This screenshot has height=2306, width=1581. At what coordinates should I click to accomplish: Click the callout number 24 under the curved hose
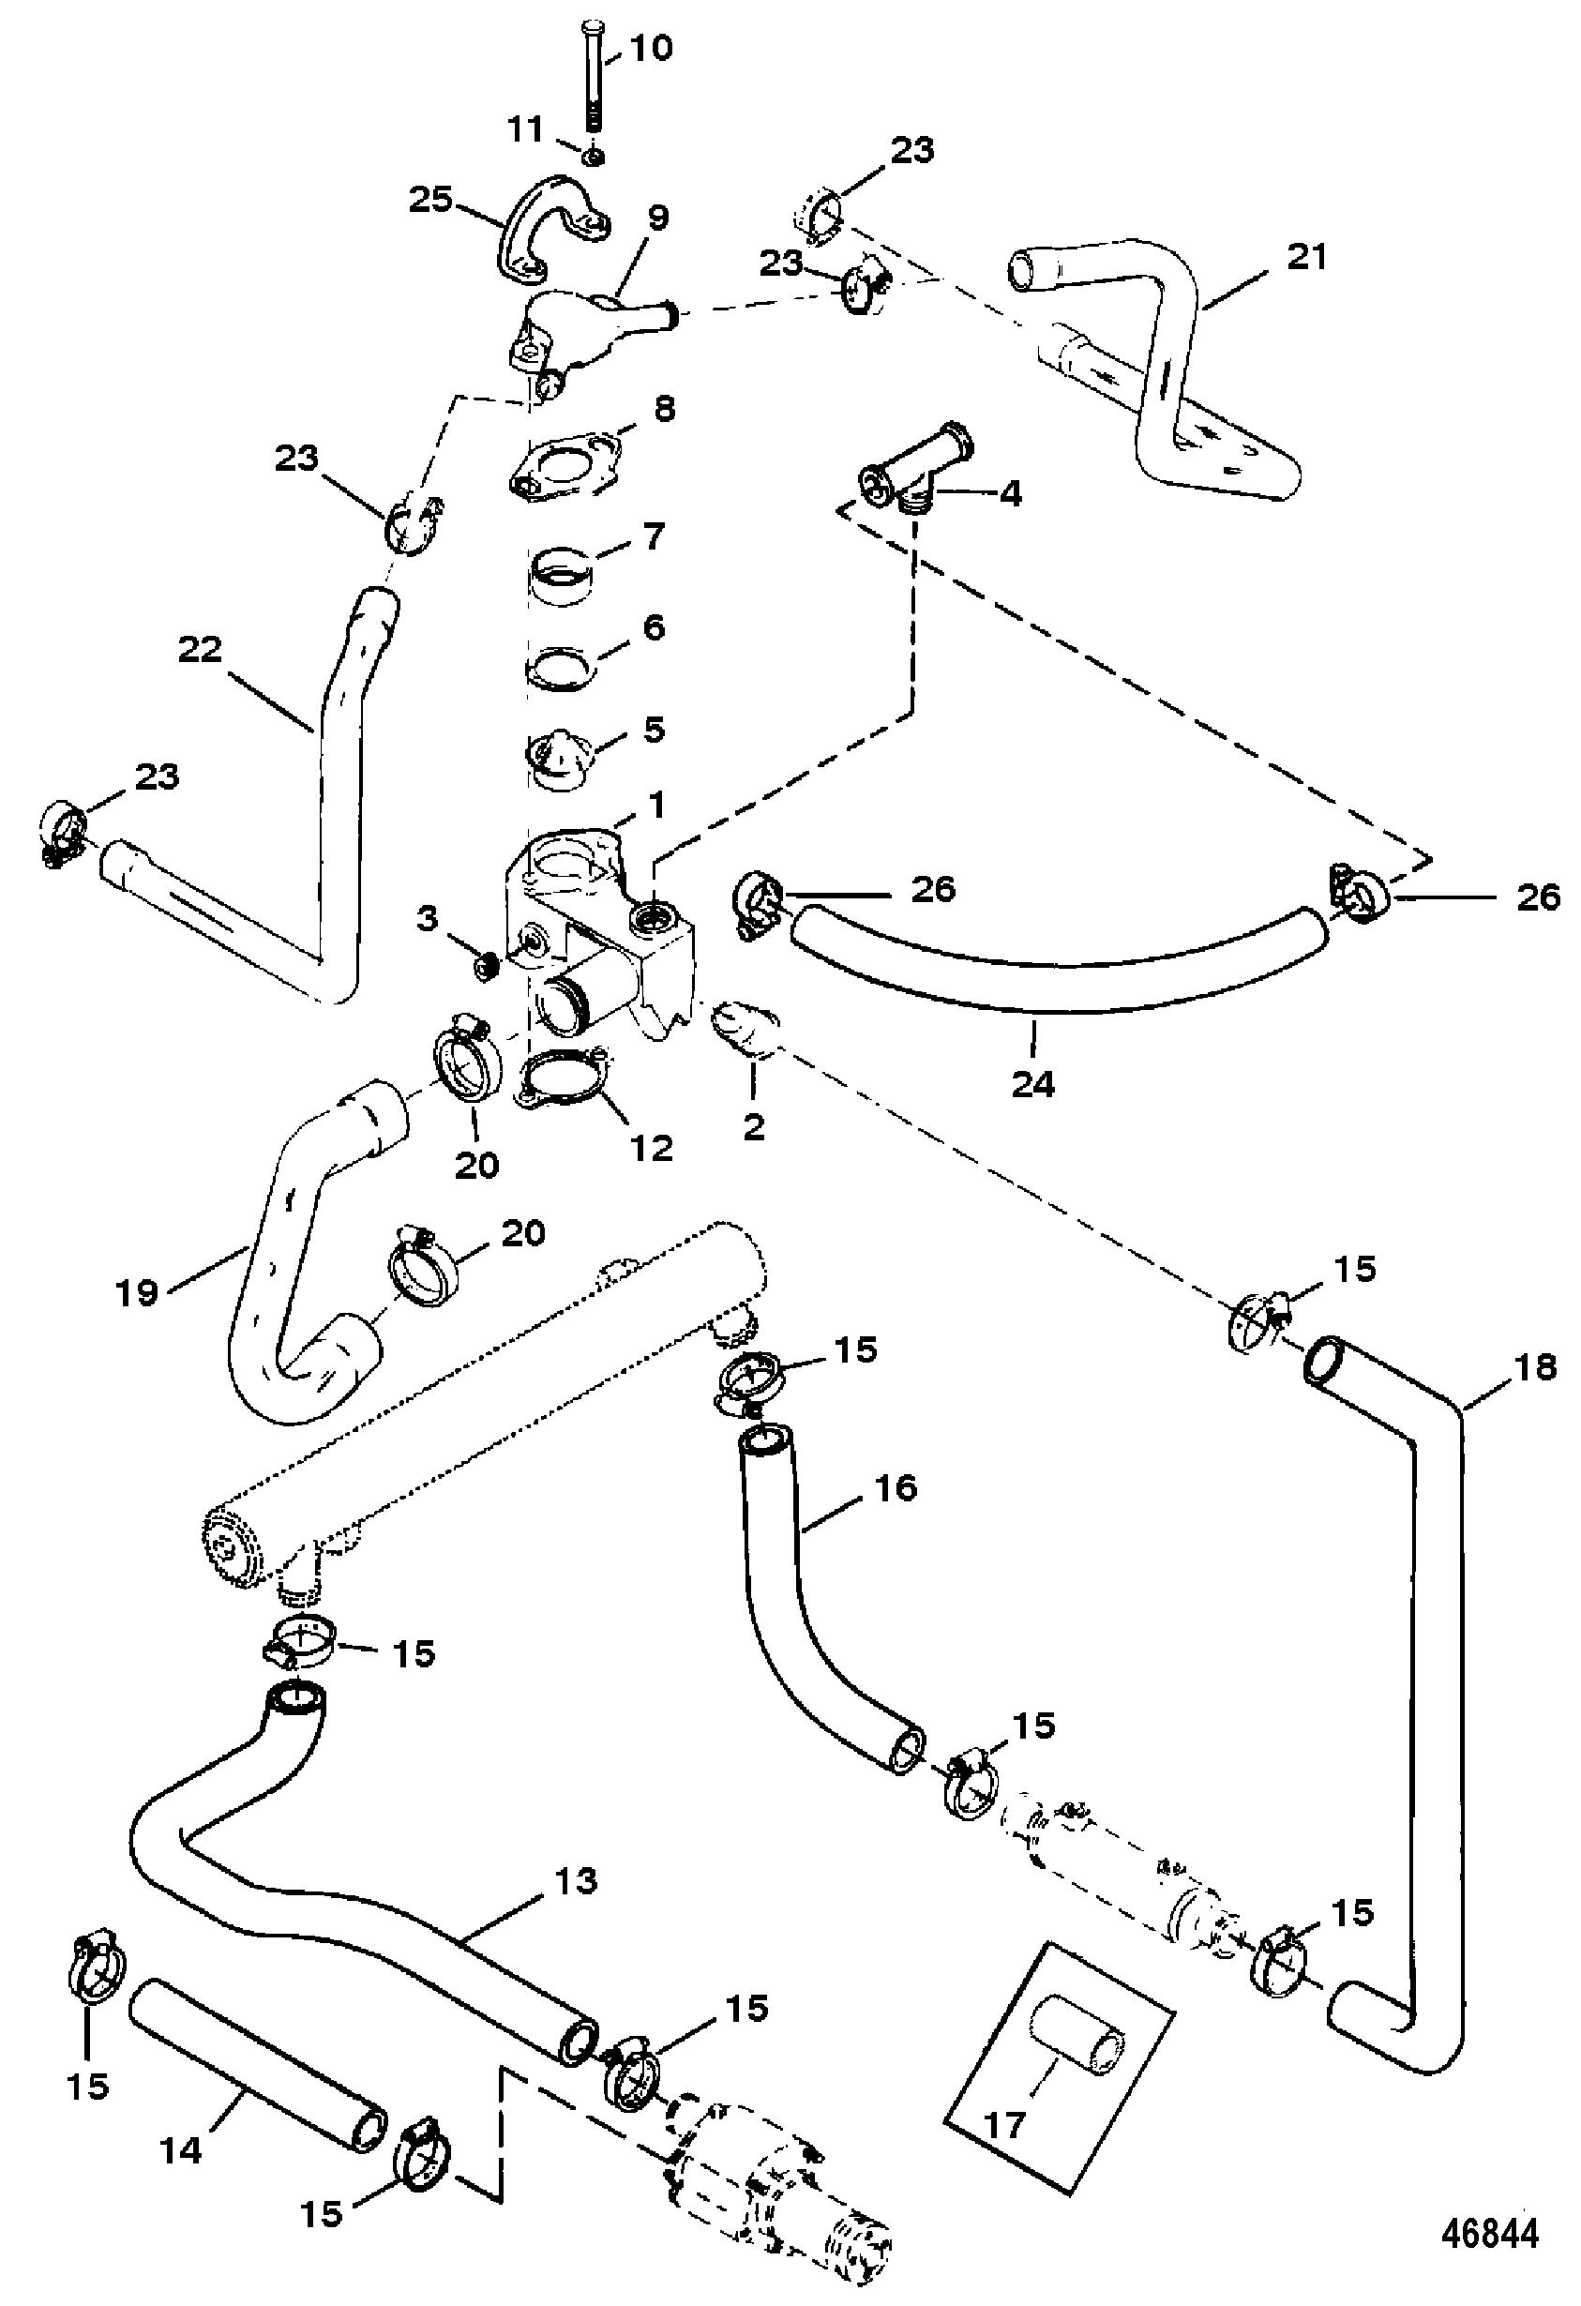[1033, 1082]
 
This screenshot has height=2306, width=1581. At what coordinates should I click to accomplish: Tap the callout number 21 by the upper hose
[1306, 257]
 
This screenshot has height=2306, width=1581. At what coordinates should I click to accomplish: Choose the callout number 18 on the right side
[1536, 1367]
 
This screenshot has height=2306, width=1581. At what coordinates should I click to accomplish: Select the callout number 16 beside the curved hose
[896, 1487]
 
